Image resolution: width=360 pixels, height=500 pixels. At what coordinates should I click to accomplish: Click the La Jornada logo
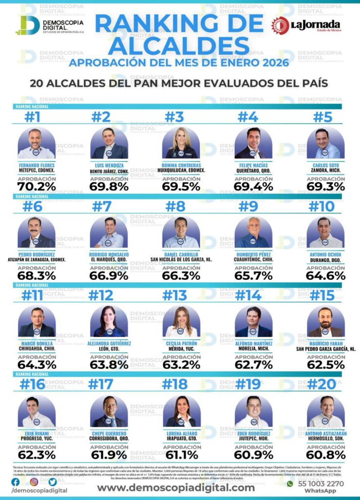click(306, 25)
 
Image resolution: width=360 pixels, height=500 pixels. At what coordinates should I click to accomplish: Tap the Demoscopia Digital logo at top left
click(49, 25)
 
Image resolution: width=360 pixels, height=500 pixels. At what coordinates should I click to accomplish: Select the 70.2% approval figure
click(36, 186)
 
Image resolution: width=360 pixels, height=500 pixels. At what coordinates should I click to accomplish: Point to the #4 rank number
click(247, 117)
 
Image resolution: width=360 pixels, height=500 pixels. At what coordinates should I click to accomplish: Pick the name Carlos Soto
click(326, 165)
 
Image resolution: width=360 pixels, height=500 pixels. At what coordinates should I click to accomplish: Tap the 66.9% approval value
click(109, 275)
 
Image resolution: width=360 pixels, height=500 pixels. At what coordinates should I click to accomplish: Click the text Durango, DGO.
click(326, 260)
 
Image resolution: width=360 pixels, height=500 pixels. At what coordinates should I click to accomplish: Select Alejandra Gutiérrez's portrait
click(109, 322)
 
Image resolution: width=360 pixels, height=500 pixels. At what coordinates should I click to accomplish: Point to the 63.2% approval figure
click(181, 364)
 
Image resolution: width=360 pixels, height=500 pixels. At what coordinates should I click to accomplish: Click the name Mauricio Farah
click(326, 343)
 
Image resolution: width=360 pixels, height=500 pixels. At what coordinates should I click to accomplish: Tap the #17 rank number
click(101, 384)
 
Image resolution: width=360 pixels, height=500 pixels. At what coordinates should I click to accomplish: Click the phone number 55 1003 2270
click(321, 484)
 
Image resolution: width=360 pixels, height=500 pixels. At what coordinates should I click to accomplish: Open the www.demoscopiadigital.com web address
click(176, 487)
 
